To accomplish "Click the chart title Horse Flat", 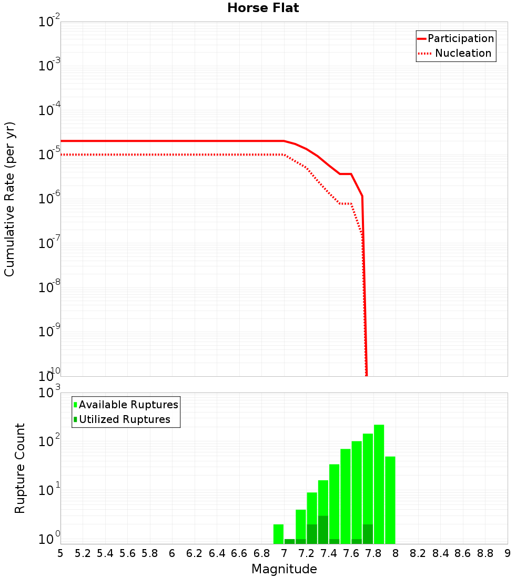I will (263, 8).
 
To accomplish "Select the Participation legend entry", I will (456, 38).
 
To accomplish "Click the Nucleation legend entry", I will (456, 53).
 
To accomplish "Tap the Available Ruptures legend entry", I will (126, 405).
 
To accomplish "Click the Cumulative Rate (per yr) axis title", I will (9, 199).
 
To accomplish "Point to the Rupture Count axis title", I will (20, 468).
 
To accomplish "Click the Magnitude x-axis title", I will (284, 569).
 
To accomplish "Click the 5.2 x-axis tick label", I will (83, 553).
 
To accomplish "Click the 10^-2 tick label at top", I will (49, 22).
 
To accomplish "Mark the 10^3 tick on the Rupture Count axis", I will (49, 393).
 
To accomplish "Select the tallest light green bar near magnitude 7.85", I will (379, 483).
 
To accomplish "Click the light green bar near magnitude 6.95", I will (278, 534).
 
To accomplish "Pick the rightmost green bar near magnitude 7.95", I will (390, 499).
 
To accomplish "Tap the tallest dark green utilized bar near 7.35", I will (323, 530).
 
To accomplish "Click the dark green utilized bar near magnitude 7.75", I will (368, 534).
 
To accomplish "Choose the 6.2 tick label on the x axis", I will (195, 553).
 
